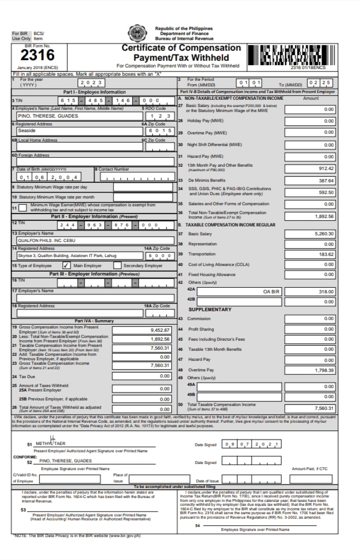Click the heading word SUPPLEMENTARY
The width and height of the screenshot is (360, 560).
[x=210, y=308]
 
